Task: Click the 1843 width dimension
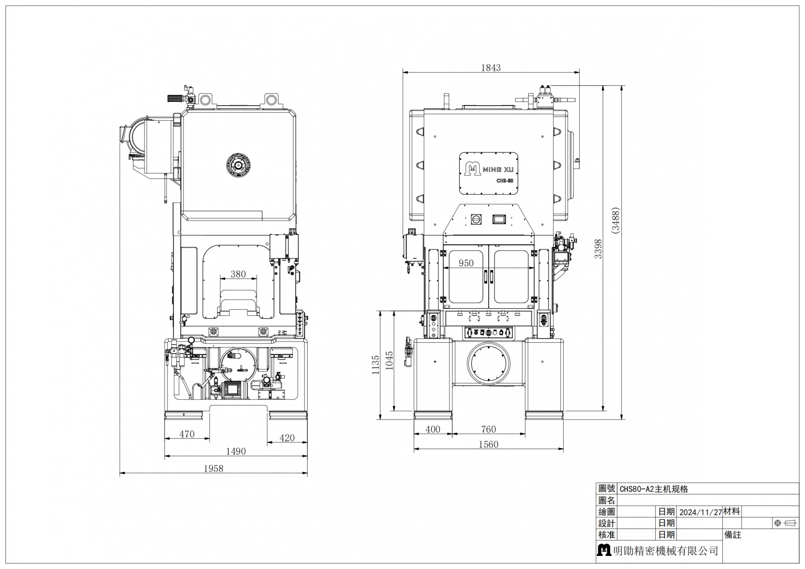coord(491,68)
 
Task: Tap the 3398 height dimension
coord(598,249)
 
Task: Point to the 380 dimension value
coord(238,274)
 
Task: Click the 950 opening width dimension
coord(466,263)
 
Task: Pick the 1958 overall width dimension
coord(213,469)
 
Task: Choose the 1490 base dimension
coord(236,452)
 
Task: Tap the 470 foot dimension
coord(187,434)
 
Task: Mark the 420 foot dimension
coord(287,438)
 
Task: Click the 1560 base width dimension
coord(488,445)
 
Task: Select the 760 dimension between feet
coord(488,429)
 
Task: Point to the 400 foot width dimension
coord(433,429)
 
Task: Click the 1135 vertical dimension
coord(375,365)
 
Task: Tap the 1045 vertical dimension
coord(389,361)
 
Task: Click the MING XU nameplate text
coord(498,169)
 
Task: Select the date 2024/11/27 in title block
coord(701,512)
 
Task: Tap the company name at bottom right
coord(666,551)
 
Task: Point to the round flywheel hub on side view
coord(238,165)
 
